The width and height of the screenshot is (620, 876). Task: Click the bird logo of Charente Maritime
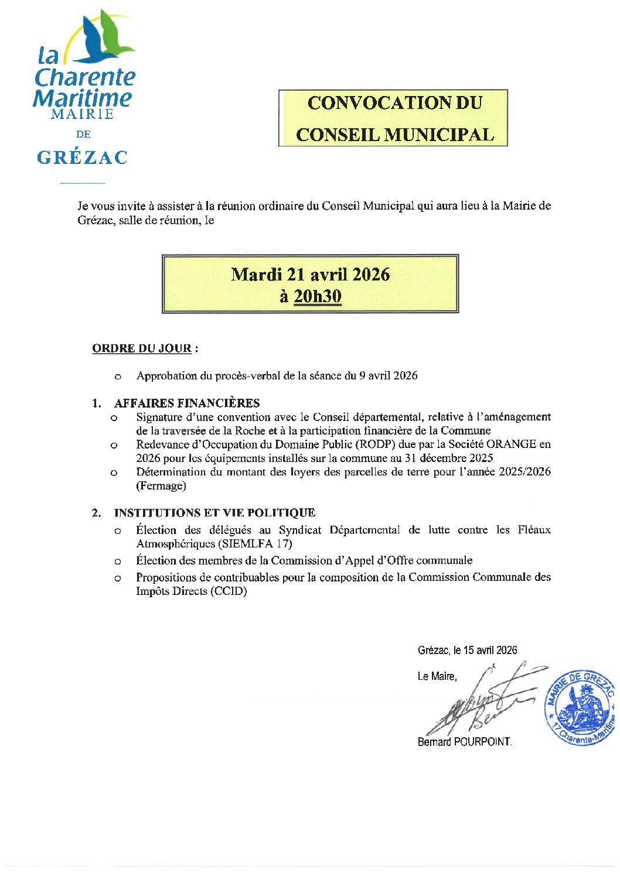click(105, 38)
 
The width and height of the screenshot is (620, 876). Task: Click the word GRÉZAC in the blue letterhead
click(82, 158)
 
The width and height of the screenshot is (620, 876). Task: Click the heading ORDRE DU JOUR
click(142, 348)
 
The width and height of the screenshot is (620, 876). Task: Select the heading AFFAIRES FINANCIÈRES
click(187, 403)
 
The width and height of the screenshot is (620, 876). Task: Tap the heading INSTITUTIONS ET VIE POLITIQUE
click(214, 513)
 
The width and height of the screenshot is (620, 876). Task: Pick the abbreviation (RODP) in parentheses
click(376, 444)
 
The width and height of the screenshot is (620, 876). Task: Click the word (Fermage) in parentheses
click(161, 486)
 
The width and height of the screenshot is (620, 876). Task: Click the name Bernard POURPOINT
click(464, 742)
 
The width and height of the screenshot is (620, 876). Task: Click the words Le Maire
click(437, 676)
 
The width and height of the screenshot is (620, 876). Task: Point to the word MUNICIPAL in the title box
click(439, 135)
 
